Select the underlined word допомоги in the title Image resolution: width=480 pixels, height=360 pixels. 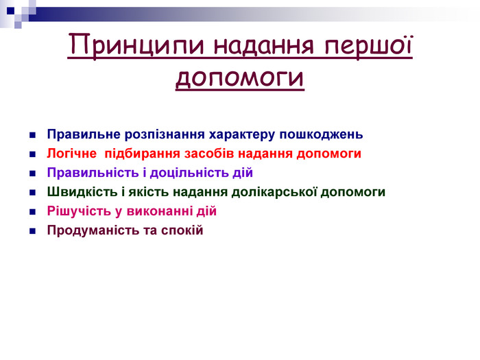pos(240,77)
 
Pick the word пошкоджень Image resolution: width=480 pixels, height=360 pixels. pos(321,134)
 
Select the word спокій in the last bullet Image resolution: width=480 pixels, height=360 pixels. pos(182,230)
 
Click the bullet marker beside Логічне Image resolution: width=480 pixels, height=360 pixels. pos(33,154)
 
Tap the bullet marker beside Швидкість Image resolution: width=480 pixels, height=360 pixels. pos(33,193)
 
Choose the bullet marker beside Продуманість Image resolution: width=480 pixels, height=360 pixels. pos(33,231)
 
